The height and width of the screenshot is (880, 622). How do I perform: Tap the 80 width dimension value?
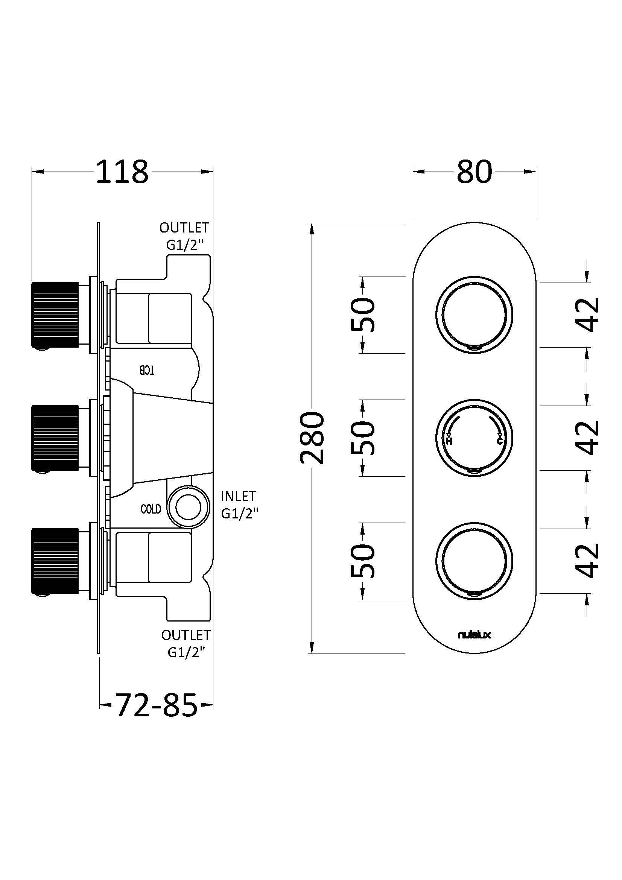point(474,172)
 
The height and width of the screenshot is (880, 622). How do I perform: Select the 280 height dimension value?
point(312,438)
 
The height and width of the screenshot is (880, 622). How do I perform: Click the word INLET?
point(238,496)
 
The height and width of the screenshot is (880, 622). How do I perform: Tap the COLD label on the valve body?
point(151,509)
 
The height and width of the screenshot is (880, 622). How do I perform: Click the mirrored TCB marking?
point(147,370)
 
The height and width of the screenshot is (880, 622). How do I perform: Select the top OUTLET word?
point(184,228)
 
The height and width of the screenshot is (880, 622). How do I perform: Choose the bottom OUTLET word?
point(186,635)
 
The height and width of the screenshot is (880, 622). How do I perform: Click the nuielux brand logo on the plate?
point(474,635)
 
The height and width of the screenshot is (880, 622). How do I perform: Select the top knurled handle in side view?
point(55,315)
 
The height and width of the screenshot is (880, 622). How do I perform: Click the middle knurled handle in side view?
point(55,438)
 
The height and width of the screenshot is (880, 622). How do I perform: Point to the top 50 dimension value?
point(362,315)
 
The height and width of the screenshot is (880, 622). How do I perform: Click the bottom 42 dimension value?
point(587,560)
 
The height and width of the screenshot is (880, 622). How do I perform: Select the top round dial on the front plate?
point(474,315)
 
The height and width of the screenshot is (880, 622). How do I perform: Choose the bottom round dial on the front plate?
point(474,560)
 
